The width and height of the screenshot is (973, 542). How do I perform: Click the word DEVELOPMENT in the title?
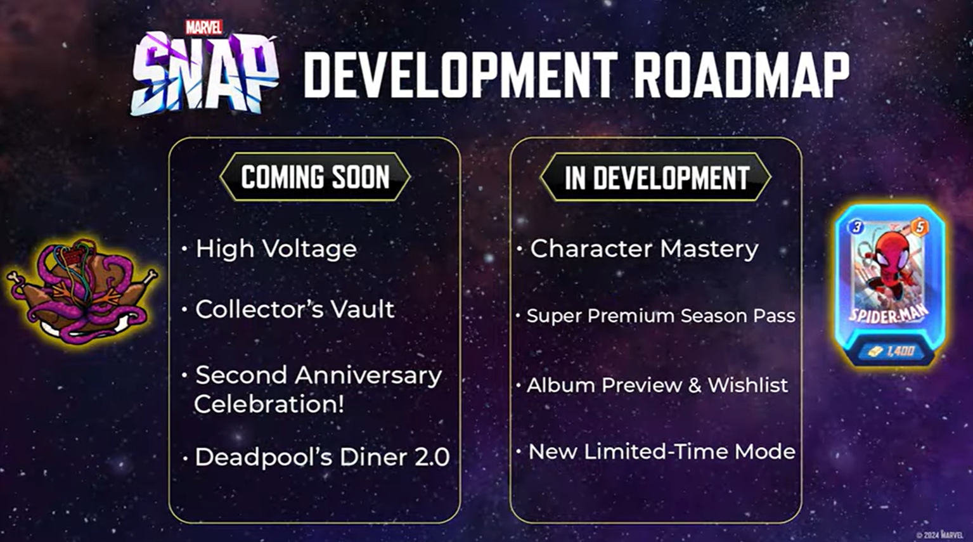tap(460, 75)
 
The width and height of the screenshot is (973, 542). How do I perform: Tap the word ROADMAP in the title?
tap(741, 75)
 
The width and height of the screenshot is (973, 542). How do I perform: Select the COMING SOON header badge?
tap(315, 177)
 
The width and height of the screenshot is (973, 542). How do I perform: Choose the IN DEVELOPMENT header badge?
tap(656, 177)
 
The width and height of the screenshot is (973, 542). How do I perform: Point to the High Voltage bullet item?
tap(276, 248)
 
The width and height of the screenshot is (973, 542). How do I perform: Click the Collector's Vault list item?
tap(295, 309)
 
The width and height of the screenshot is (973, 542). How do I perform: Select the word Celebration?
tap(269, 404)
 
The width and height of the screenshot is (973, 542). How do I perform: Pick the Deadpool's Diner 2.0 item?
tap(322, 457)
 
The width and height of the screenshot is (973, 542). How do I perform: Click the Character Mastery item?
tap(644, 248)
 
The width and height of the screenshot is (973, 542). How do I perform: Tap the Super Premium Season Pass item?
tap(660, 316)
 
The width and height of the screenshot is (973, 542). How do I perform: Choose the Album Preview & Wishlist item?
tap(657, 385)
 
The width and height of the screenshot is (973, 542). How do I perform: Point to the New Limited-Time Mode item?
tap(662, 451)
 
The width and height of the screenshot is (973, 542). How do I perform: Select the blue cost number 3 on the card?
tap(856, 226)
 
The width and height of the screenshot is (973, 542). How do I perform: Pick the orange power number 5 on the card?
tap(920, 226)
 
